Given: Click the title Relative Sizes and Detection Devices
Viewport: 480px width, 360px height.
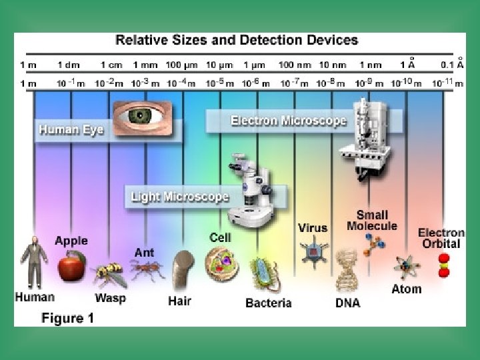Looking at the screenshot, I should tap(237, 40).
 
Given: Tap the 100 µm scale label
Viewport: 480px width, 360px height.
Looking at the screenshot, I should tap(183, 65).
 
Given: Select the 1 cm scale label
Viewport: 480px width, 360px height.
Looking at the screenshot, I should tap(111, 65).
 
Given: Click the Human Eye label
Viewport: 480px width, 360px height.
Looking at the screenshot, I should tap(71, 129).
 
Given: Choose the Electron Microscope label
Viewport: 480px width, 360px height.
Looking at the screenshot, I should tap(288, 121).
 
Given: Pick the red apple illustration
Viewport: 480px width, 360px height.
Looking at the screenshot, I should tap(71, 267).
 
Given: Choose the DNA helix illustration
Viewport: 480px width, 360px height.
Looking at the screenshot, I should tap(347, 270).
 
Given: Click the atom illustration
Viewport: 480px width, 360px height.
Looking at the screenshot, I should tap(405, 267).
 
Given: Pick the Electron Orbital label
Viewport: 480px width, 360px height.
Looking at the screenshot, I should tap(441, 238).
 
